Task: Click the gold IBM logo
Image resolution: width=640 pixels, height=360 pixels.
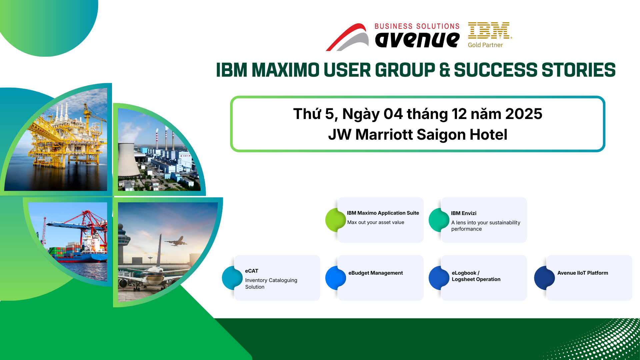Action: [489, 30]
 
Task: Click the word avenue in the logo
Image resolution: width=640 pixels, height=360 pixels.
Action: [417, 40]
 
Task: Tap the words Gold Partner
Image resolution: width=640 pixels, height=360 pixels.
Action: [485, 45]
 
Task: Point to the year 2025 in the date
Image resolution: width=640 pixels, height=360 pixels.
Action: [524, 114]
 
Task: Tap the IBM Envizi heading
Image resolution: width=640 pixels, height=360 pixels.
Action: [464, 213]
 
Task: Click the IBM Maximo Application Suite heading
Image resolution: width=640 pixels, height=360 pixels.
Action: [383, 213]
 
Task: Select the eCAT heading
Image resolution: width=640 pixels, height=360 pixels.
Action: [252, 271]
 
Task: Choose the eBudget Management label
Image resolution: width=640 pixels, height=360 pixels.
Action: [376, 273]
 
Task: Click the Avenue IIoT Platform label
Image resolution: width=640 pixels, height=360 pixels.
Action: [583, 273]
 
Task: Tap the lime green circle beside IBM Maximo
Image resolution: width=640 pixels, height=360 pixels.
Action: [335, 220]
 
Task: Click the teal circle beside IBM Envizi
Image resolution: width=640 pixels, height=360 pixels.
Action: [438, 220]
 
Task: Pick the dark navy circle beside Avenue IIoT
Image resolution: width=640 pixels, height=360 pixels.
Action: [544, 278]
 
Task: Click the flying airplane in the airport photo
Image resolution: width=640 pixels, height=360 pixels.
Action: [176, 241]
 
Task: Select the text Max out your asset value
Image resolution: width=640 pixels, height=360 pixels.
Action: [376, 222]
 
